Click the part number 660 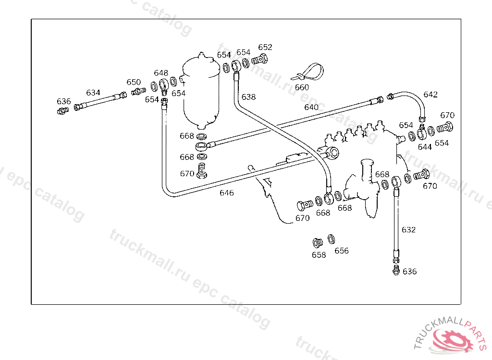302,87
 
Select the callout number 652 265,47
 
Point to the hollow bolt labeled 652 260,59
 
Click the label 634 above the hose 93,93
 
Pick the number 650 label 134,82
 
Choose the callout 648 161,73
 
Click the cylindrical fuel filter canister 201,91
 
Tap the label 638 248,97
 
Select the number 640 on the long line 311,107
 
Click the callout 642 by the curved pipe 430,95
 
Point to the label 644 425,147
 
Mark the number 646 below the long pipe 227,192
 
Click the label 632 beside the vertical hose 408,230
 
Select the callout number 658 319,255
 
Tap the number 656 342,251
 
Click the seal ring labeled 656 332,239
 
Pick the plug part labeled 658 318,243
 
